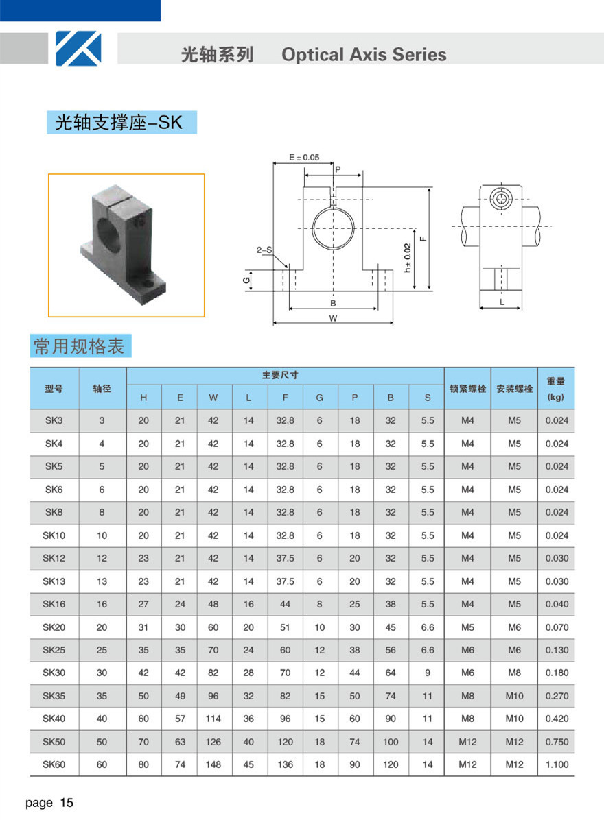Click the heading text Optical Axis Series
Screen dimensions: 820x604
(364, 55)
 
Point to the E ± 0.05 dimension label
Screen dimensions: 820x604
(303, 157)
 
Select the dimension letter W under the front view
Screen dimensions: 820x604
(333, 318)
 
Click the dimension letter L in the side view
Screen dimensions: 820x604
(502, 301)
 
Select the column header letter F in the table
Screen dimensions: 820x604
(286, 398)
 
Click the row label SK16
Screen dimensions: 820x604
(54, 604)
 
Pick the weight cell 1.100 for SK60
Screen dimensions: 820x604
(557, 764)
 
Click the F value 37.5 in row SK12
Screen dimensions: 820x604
(286, 558)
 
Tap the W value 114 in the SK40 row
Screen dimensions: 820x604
(213, 719)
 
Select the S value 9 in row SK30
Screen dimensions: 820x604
(428, 673)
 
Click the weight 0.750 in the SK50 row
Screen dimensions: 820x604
(557, 742)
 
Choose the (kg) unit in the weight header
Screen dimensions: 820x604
(556, 398)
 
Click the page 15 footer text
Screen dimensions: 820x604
(49, 803)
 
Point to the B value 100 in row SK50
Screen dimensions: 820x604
(391, 742)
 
